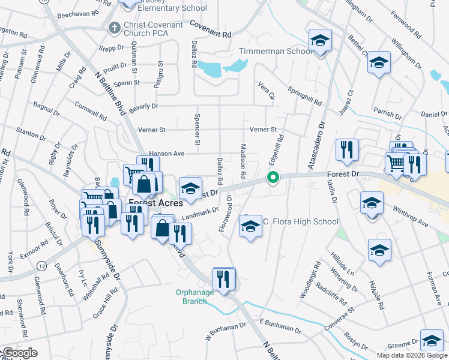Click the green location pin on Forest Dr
273,178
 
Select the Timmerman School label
276,51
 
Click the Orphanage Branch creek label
195,296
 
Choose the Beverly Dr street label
143,106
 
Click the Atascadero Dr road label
316,148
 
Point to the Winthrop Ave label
411,217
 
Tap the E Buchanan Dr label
280,325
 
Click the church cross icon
113,28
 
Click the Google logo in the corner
20,353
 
